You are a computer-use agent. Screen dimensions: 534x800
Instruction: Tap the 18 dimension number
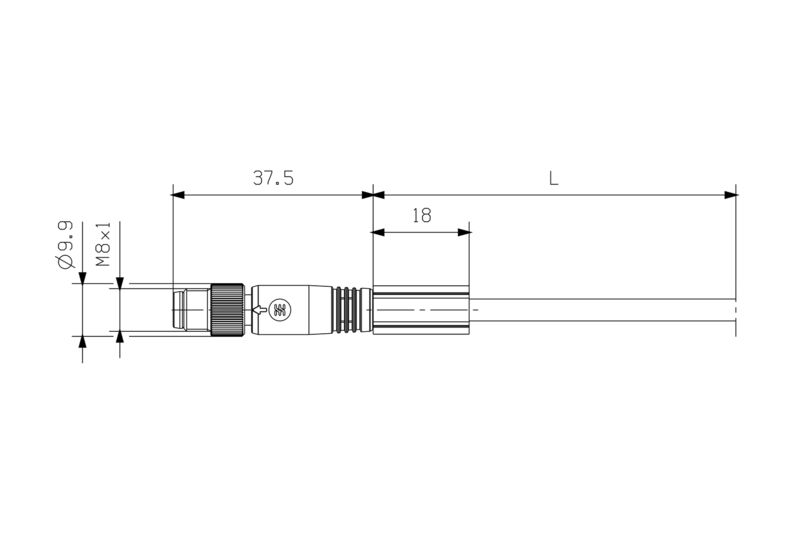[x=421, y=214]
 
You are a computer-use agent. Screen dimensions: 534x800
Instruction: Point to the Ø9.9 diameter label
[x=66, y=246]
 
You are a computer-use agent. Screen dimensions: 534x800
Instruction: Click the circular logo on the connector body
[x=279, y=310]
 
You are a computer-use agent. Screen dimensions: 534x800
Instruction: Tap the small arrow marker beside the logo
[x=262, y=310]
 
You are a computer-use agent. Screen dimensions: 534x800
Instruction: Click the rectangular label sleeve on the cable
[x=420, y=310]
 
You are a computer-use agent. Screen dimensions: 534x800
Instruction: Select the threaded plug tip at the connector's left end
[x=190, y=310]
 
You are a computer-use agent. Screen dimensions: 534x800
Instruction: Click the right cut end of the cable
[x=735, y=310]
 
